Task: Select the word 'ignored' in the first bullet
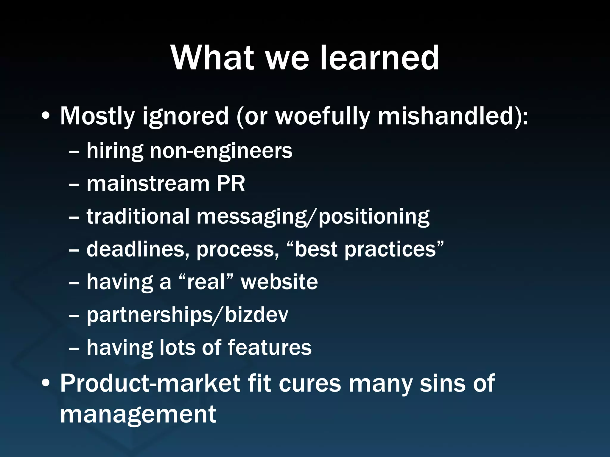click(185, 117)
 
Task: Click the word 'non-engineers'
click(221, 151)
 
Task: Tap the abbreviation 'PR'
click(230, 183)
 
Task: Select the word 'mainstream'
click(148, 183)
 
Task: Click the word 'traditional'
click(138, 216)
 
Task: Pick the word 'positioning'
click(374, 217)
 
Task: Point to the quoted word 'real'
click(206, 282)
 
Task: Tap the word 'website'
click(279, 282)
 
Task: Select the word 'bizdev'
click(256, 315)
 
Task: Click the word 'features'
click(270, 348)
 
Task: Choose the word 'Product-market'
click(150, 384)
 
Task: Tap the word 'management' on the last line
click(138, 414)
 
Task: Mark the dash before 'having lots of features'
click(74, 348)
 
